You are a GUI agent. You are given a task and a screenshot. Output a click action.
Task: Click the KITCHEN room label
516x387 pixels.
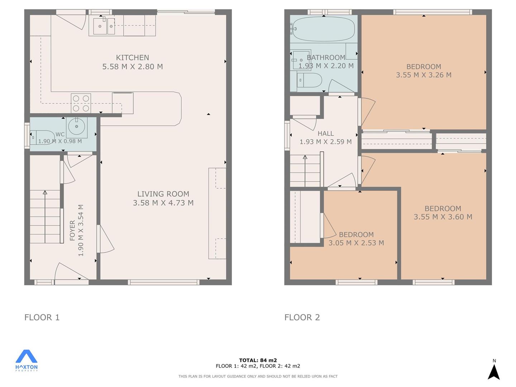click(132, 58)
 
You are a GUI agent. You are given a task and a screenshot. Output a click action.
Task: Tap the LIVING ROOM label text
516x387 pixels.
click(163, 194)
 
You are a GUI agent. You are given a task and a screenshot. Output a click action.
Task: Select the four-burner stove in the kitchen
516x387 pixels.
click(81, 103)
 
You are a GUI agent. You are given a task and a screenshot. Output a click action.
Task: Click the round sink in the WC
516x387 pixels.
click(76, 126)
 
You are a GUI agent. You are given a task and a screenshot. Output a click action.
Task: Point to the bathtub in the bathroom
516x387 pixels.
click(324, 29)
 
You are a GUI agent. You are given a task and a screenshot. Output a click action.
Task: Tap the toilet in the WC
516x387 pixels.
click(42, 138)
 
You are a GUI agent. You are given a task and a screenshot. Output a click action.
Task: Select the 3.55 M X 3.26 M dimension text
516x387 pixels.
click(424, 75)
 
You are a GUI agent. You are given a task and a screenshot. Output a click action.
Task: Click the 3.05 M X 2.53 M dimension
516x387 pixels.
click(356, 243)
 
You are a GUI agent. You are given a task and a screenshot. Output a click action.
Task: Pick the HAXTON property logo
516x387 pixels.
click(27, 360)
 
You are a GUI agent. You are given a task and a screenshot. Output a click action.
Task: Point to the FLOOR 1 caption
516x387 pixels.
click(42, 317)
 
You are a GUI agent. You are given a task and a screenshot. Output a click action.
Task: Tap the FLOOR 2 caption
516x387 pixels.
click(302, 317)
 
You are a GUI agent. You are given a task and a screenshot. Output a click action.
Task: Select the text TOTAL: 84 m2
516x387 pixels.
click(258, 360)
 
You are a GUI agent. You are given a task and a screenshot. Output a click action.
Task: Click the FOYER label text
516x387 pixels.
click(72, 230)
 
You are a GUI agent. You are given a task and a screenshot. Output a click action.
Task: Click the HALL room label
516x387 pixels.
click(326, 133)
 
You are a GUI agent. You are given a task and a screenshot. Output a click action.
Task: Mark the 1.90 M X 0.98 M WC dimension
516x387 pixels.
click(60, 141)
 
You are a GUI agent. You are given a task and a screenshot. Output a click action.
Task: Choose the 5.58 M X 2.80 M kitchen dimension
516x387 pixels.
click(132, 67)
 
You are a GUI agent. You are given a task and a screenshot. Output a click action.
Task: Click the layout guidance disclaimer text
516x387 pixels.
click(258, 376)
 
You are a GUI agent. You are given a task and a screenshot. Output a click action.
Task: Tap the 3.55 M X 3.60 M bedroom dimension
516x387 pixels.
click(443, 217)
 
